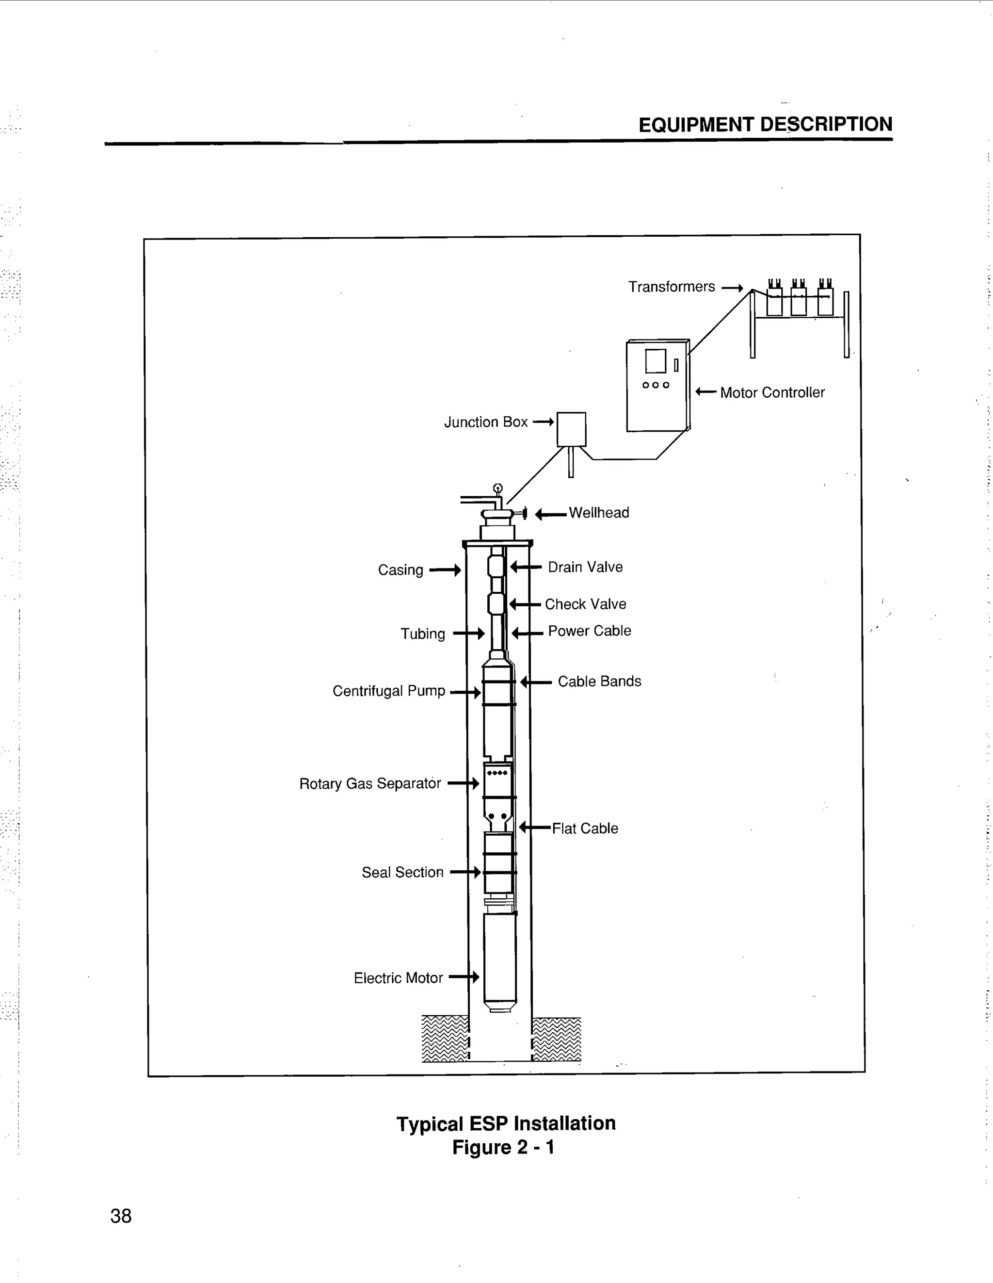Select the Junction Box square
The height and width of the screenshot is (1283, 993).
point(571,429)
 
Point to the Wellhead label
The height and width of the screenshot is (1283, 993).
point(598,513)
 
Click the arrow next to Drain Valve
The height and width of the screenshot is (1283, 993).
point(526,567)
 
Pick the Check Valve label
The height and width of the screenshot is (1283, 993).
point(585,604)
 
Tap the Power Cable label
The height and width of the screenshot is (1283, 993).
point(589,631)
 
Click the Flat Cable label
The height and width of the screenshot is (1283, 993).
point(585,828)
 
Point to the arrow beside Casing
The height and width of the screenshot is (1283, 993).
point(445,570)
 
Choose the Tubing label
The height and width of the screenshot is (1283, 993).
point(423,634)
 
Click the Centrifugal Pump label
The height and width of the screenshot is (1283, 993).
point(389,691)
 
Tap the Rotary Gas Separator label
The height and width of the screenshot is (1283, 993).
point(370,784)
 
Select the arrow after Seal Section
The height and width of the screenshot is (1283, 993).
point(465,872)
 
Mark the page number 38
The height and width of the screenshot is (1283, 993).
point(121,1216)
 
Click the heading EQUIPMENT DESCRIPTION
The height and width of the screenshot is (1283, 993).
point(765,125)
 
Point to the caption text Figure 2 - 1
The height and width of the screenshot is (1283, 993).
point(503,1147)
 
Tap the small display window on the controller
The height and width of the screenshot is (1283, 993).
point(656,361)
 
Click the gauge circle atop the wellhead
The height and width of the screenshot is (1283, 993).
point(498,487)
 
